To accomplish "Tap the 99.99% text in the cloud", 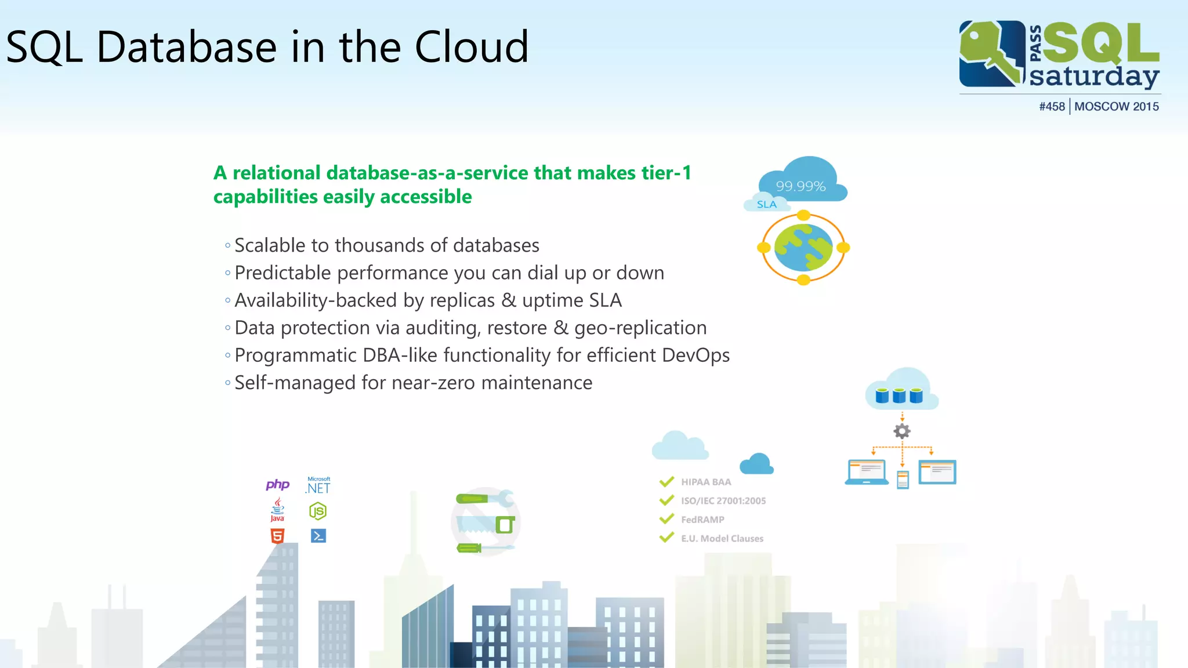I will (x=801, y=186).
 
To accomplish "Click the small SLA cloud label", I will (x=766, y=204).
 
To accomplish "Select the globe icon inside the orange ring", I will (x=803, y=248).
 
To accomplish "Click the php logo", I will (x=277, y=484).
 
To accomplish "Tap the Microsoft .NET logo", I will (x=318, y=487).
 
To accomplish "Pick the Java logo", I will (x=277, y=510).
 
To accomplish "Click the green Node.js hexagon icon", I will (x=318, y=511).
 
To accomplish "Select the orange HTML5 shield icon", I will (x=277, y=536).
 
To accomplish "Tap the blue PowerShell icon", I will (x=318, y=536).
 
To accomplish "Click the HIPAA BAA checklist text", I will (x=705, y=482).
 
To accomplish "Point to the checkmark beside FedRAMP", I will (x=667, y=518).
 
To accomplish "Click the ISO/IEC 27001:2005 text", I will (x=723, y=501).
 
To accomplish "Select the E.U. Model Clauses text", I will (x=722, y=539).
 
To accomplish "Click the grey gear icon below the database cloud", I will (x=902, y=431).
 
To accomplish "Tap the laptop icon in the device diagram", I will (x=866, y=472).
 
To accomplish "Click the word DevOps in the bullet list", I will (x=696, y=355).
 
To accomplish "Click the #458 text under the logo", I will (x=1052, y=107).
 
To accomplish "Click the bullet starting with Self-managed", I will (x=413, y=383).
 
